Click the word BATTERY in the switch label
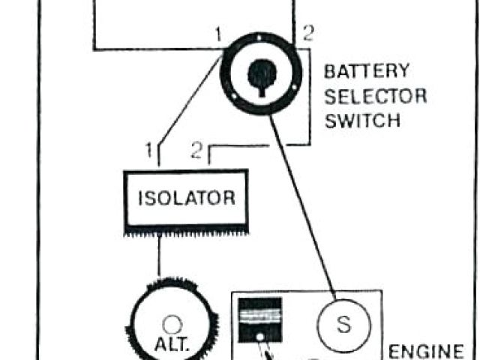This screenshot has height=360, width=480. click(x=367, y=72)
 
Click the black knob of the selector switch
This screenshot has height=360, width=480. click(x=259, y=75)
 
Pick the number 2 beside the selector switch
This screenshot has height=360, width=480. click(x=307, y=33)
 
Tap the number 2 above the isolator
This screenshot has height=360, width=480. click(x=196, y=151)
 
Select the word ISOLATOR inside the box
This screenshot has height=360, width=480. click(x=186, y=198)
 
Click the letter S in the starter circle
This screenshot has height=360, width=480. click(x=344, y=325)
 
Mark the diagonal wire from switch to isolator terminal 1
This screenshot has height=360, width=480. click(x=187, y=101)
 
